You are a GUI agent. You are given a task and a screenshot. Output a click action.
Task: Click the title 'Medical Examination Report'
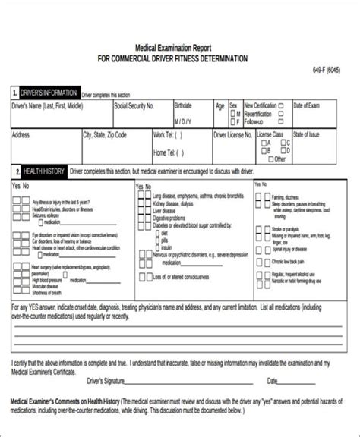pos(174,46)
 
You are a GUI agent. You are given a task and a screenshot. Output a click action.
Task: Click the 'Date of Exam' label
pos(308,105)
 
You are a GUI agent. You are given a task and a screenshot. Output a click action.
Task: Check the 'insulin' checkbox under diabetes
pos(158,226)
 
